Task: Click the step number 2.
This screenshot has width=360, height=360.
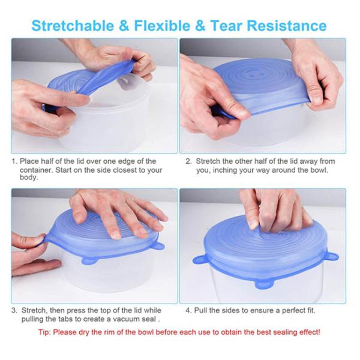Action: tap(188, 161)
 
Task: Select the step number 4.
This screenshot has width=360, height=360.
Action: tap(188, 311)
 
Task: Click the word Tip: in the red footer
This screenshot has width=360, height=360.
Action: tap(46, 332)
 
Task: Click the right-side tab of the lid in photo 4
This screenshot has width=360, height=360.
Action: tap(331, 256)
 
